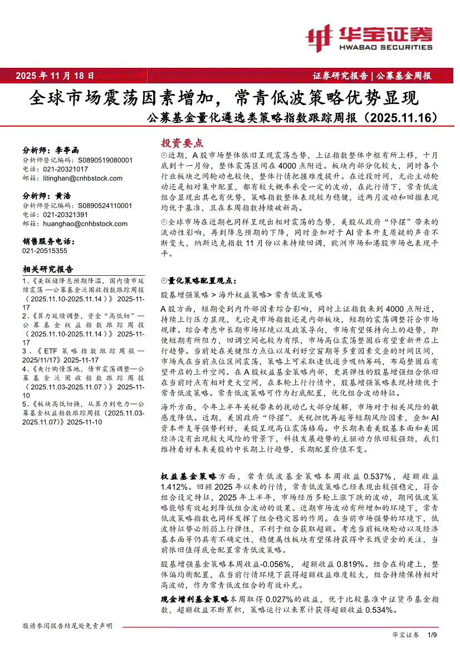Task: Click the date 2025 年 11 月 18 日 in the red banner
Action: tap(55, 76)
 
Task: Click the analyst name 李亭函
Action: tap(68, 150)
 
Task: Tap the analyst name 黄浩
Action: tap(63, 196)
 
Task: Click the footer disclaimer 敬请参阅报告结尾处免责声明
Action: tap(67, 626)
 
